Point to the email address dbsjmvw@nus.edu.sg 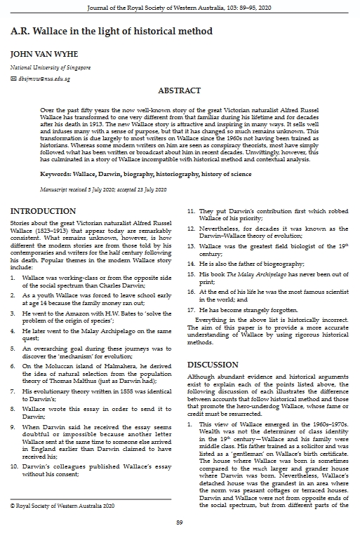44,79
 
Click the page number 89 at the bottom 180,522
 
